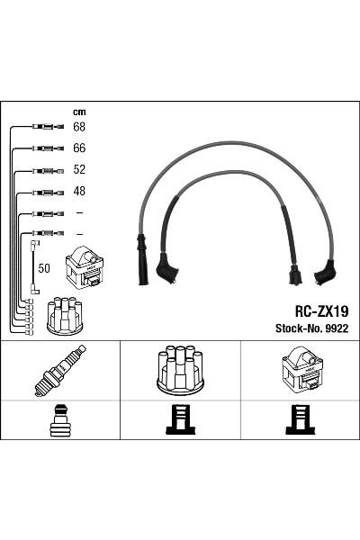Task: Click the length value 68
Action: click(79, 127)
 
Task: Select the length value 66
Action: click(79, 148)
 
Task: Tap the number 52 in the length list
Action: click(79, 169)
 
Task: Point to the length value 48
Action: click(79, 191)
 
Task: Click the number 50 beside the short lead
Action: click(44, 267)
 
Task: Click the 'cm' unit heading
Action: click(78, 112)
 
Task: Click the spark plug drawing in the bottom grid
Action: click(59, 370)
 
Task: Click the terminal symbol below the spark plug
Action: click(59, 419)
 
